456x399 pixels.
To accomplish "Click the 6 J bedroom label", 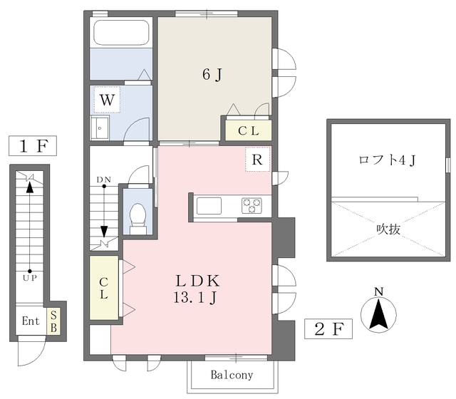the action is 212,74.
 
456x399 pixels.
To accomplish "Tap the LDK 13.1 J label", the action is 197,289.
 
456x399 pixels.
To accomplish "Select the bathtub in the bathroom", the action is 121,33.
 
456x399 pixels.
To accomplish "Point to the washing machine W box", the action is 107,100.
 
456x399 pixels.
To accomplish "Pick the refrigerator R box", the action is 257,160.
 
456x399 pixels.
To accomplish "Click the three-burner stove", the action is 252,205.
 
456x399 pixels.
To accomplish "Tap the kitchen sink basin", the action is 209,206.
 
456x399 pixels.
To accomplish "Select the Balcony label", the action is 232,375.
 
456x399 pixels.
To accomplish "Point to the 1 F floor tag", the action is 33,145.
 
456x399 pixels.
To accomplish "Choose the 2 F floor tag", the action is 328,329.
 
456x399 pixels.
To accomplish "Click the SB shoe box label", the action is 53,321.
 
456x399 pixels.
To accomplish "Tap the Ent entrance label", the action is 31,321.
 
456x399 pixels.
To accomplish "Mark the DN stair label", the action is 104,180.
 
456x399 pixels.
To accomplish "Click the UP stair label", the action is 30,278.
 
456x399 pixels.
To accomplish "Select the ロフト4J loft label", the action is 388,160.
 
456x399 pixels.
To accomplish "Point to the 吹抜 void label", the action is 388,229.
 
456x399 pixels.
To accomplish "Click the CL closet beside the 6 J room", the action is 249,130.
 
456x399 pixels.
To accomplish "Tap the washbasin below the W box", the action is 100,128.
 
